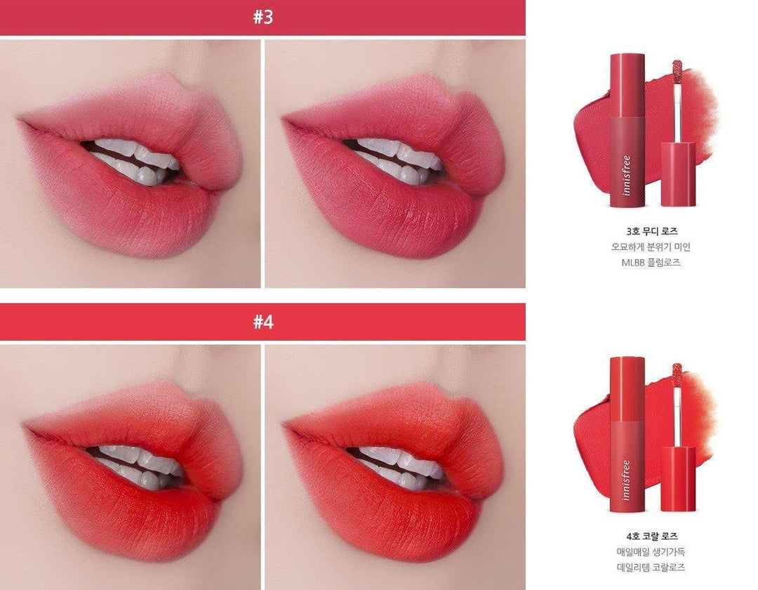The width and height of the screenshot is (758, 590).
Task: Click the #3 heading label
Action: coord(263,17)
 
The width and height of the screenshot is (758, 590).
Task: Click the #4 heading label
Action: coord(263,321)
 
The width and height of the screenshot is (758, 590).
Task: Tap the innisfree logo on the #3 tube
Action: coord(627,175)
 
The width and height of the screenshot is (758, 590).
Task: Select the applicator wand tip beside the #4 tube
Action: coord(677,372)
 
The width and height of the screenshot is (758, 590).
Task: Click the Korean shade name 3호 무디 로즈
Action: coord(651,231)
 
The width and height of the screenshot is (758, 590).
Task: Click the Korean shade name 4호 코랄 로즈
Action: coord(651,536)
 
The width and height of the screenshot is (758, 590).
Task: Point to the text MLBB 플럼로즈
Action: coord(651,263)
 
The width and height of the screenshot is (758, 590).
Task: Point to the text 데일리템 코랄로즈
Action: coord(651,568)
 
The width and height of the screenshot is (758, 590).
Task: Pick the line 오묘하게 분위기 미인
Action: coord(651,247)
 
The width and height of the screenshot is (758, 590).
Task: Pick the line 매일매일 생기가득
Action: coord(651,551)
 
